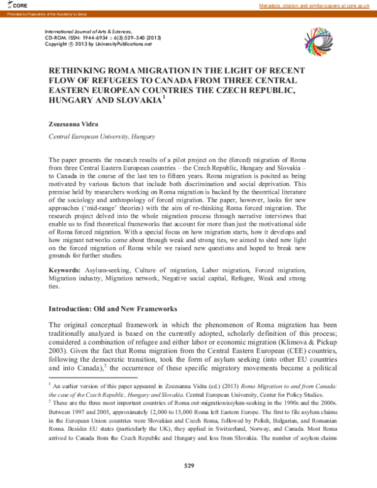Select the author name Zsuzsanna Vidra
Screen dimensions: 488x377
73,125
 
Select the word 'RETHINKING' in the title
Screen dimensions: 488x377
80,72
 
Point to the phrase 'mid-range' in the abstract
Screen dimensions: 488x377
121,208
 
